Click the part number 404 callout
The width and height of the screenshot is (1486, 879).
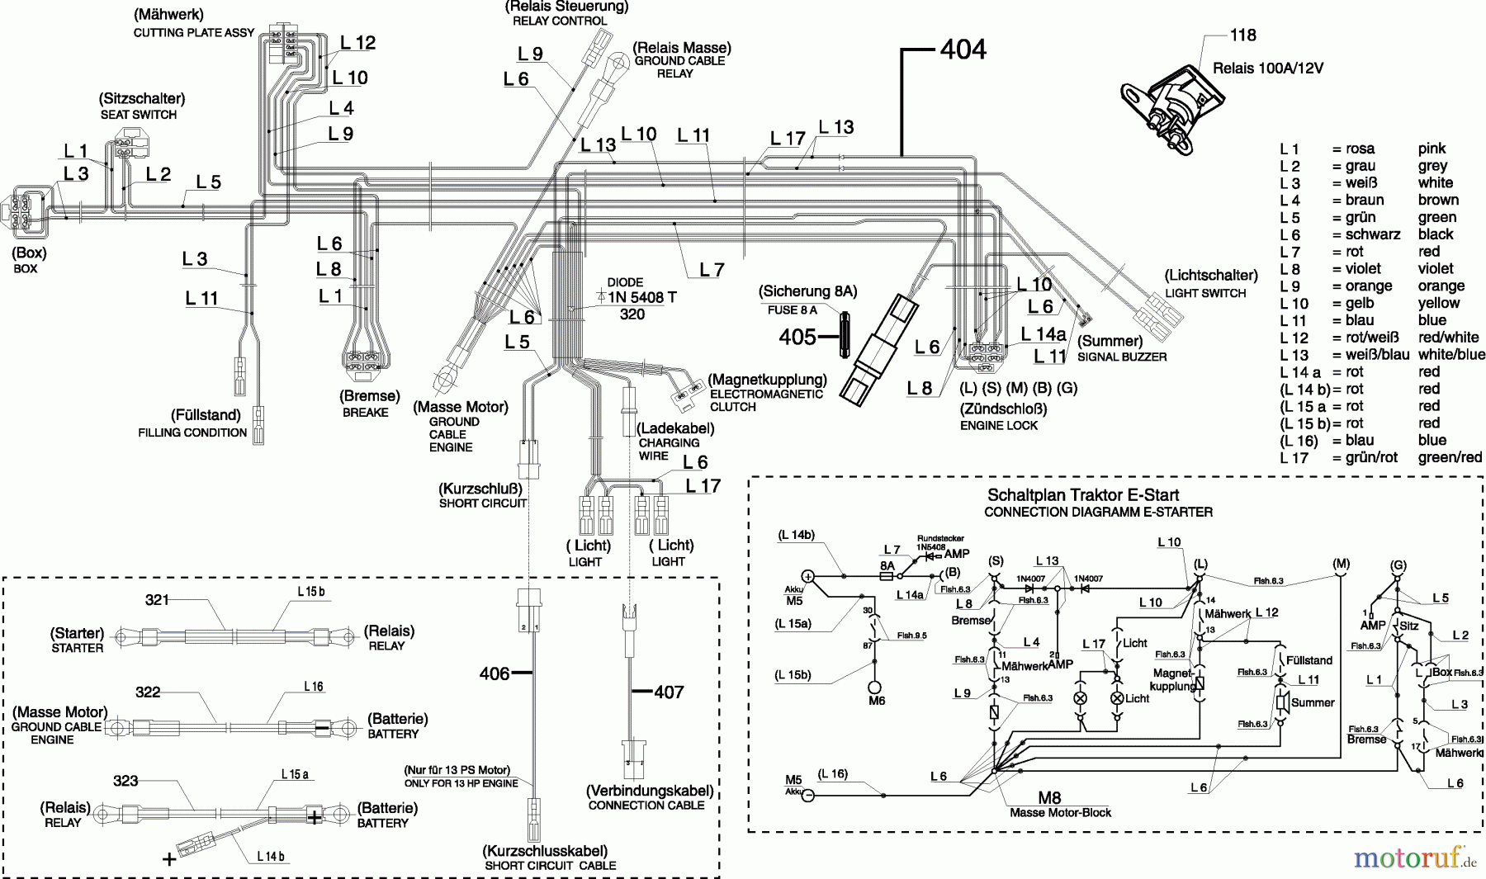pyautogui.click(x=963, y=50)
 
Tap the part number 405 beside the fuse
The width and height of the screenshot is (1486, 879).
pyautogui.click(x=797, y=337)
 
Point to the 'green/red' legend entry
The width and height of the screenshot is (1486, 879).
pyautogui.click(x=1450, y=457)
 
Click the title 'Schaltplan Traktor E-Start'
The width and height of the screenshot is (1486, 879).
pyautogui.click(x=1083, y=495)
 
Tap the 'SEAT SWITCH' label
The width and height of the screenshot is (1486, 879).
pyautogui.click(x=139, y=115)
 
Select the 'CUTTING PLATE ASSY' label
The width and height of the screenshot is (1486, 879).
pyautogui.click(x=194, y=33)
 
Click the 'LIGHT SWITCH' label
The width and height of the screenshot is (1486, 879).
pyautogui.click(x=1205, y=293)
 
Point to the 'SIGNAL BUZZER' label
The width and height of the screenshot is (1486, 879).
pyautogui.click(x=1121, y=357)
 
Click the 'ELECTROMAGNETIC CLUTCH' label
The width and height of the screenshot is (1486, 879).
pyautogui.click(x=766, y=400)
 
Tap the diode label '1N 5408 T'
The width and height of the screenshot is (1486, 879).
pyautogui.click(x=641, y=298)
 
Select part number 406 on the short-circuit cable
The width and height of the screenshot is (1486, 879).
pyautogui.click(x=495, y=674)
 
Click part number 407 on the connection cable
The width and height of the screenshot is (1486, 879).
pyautogui.click(x=669, y=692)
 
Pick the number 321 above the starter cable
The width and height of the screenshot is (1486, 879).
pyautogui.click(x=157, y=600)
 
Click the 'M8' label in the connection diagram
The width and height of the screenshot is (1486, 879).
pyautogui.click(x=1049, y=798)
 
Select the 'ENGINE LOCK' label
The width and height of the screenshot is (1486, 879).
pyautogui.click(x=999, y=425)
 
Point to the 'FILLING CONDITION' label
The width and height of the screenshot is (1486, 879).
pyautogui.click(x=192, y=432)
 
